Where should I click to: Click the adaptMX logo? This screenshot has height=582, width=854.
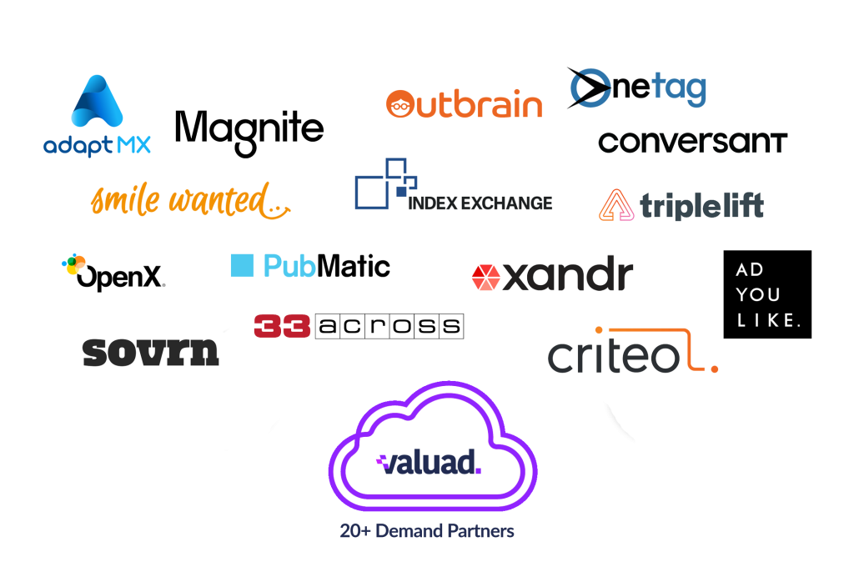pyautogui.click(x=98, y=117)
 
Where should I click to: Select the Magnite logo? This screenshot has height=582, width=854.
pyautogui.click(x=251, y=130)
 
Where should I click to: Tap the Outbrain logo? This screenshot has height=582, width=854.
pyautogui.click(x=464, y=105)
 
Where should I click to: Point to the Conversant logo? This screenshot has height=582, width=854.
pyautogui.click(x=692, y=142)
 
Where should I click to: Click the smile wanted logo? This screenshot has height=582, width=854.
pyautogui.click(x=190, y=201)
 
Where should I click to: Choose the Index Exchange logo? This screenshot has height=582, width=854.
pyautogui.click(x=454, y=189)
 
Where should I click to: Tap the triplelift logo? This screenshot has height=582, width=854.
pyautogui.click(x=681, y=205)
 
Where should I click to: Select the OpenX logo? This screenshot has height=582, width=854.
pyautogui.click(x=113, y=273)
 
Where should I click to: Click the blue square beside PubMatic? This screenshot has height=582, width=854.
pyautogui.click(x=241, y=265)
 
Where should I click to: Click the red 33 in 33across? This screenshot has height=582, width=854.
pyautogui.click(x=282, y=326)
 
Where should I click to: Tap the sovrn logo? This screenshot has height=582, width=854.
pyautogui.click(x=151, y=352)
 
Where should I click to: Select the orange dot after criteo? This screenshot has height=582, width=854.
pyautogui.click(x=714, y=368)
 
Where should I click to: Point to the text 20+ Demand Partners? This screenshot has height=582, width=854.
pyautogui.click(x=427, y=530)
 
